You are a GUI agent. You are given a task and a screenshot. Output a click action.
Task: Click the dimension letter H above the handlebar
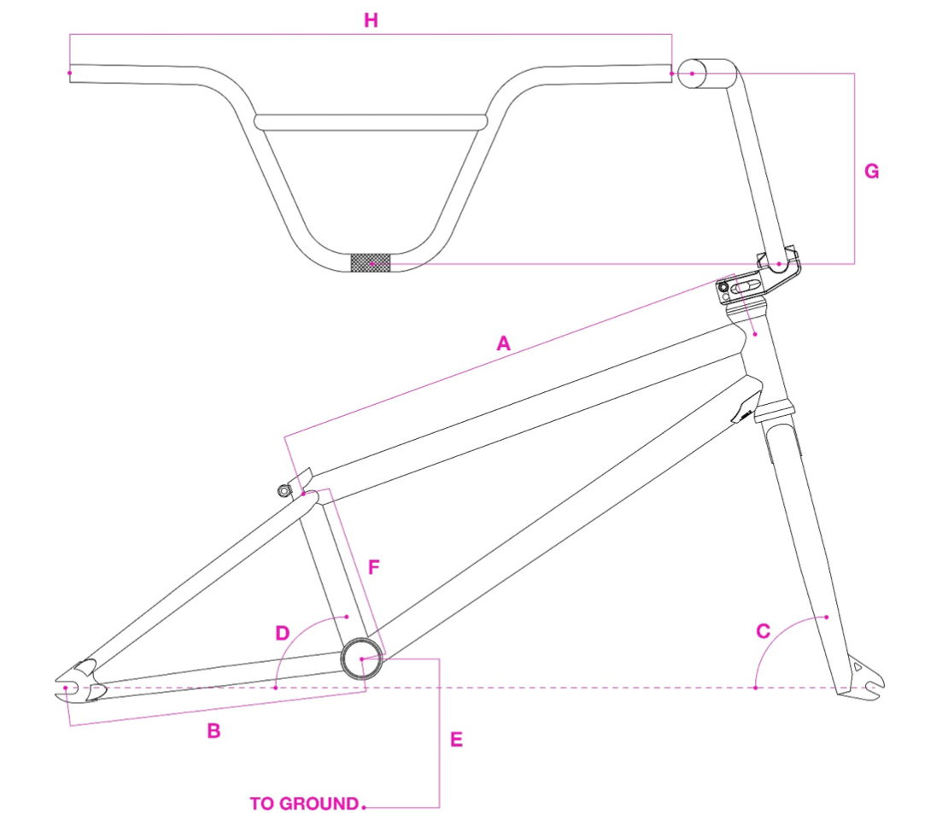coord(371,21)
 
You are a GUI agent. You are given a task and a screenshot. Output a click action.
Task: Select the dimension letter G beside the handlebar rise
coord(871,172)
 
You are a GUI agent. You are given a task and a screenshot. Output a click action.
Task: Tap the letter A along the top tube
coord(503,343)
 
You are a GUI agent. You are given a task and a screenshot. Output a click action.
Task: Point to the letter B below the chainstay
coord(214,731)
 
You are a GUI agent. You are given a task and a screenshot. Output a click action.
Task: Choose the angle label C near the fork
coord(764,631)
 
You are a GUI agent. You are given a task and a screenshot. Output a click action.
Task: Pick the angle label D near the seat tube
coord(283,633)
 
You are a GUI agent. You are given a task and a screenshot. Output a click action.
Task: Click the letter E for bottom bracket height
coord(456,740)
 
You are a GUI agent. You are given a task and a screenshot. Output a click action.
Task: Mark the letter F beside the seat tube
coord(373,566)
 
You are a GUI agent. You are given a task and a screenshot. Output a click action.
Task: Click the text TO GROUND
coord(304,804)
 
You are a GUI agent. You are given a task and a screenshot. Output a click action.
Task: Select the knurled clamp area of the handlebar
coord(371,263)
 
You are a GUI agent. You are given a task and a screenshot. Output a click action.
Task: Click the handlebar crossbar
coord(372,121)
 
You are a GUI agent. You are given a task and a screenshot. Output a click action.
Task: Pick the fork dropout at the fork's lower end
coord(863,679)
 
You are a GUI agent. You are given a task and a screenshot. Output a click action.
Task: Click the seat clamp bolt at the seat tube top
coord(284,489)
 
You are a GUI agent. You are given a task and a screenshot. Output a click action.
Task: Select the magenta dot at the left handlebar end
coord(70,73)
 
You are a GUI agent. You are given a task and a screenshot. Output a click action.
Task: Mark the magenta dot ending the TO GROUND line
coord(364,805)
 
